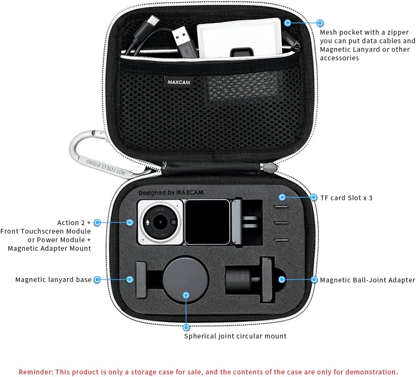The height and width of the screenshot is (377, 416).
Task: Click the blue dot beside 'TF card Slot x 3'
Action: tap(282, 197)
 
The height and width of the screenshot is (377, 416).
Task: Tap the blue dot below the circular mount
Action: tap(186, 327)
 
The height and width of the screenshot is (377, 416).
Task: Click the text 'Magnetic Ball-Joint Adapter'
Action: tap(368, 280)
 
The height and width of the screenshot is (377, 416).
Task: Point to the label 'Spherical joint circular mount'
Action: tap(235, 336)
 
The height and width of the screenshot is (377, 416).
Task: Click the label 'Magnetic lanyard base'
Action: tap(53, 279)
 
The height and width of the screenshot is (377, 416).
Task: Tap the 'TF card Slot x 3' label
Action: tap(346, 198)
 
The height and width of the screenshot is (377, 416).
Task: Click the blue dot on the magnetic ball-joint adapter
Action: tap(282, 279)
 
